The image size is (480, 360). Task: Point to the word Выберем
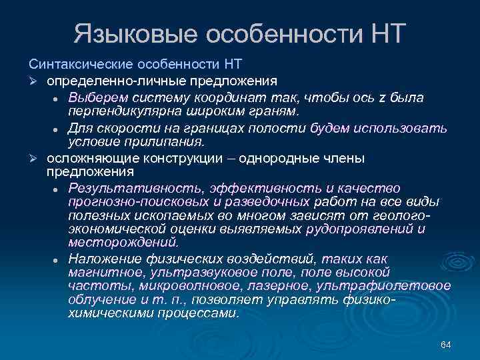pos(96,98)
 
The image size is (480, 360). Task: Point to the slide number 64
pos(446,344)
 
